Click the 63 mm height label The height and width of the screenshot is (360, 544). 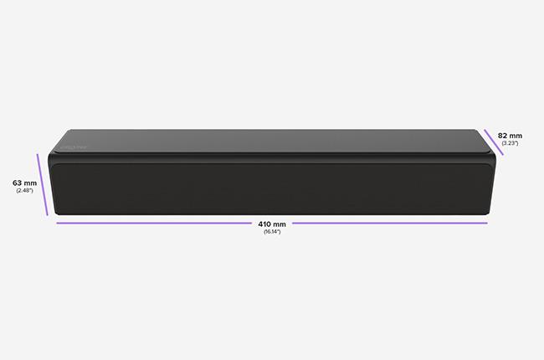pyautogui.click(x=24, y=183)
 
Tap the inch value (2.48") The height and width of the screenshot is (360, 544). pyautogui.click(x=24, y=191)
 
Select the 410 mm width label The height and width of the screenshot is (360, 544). pyautogui.click(x=272, y=224)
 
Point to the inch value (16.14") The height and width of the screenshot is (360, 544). pyautogui.click(x=272, y=232)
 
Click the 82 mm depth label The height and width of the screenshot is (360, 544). pyautogui.click(x=510, y=136)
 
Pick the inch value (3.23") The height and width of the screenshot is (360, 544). pyautogui.click(x=510, y=143)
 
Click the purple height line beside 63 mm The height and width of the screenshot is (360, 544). pyautogui.click(x=43, y=185)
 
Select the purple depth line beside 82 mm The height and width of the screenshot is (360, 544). pyautogui.click(x=494, y=142)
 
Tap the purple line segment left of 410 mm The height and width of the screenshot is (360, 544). pyautogui.click(x=154, y=224)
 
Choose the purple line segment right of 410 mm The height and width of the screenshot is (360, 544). pyautogui.click(x=390, y=224)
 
